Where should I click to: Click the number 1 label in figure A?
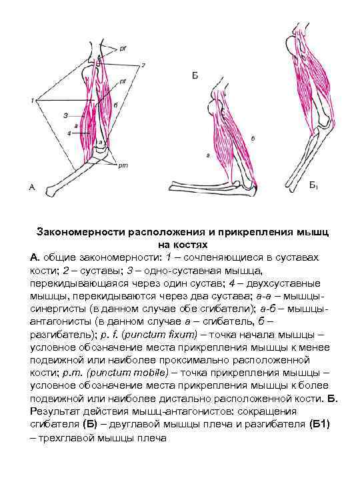pos(31,101)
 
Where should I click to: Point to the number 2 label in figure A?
pos(141,65)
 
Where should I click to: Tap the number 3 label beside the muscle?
pos(65,115)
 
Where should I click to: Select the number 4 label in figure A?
pos(69,133)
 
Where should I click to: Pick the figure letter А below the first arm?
pos(31,189)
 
